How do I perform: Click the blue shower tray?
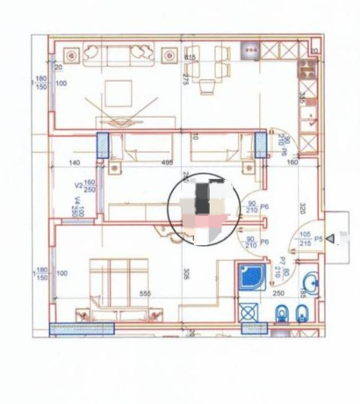pyautogui.click(x=250, y=277)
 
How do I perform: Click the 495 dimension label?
pyautogui.click(x=165, y=162)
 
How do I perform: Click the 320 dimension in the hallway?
pyautogui.click(x=300, y=209)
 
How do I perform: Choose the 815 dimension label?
pyautogui.click(x=190, y=58)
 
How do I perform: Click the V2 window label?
pyautogui.click(x=78, y=186)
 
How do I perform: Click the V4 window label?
pyautogui.click(x=78, y=207)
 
